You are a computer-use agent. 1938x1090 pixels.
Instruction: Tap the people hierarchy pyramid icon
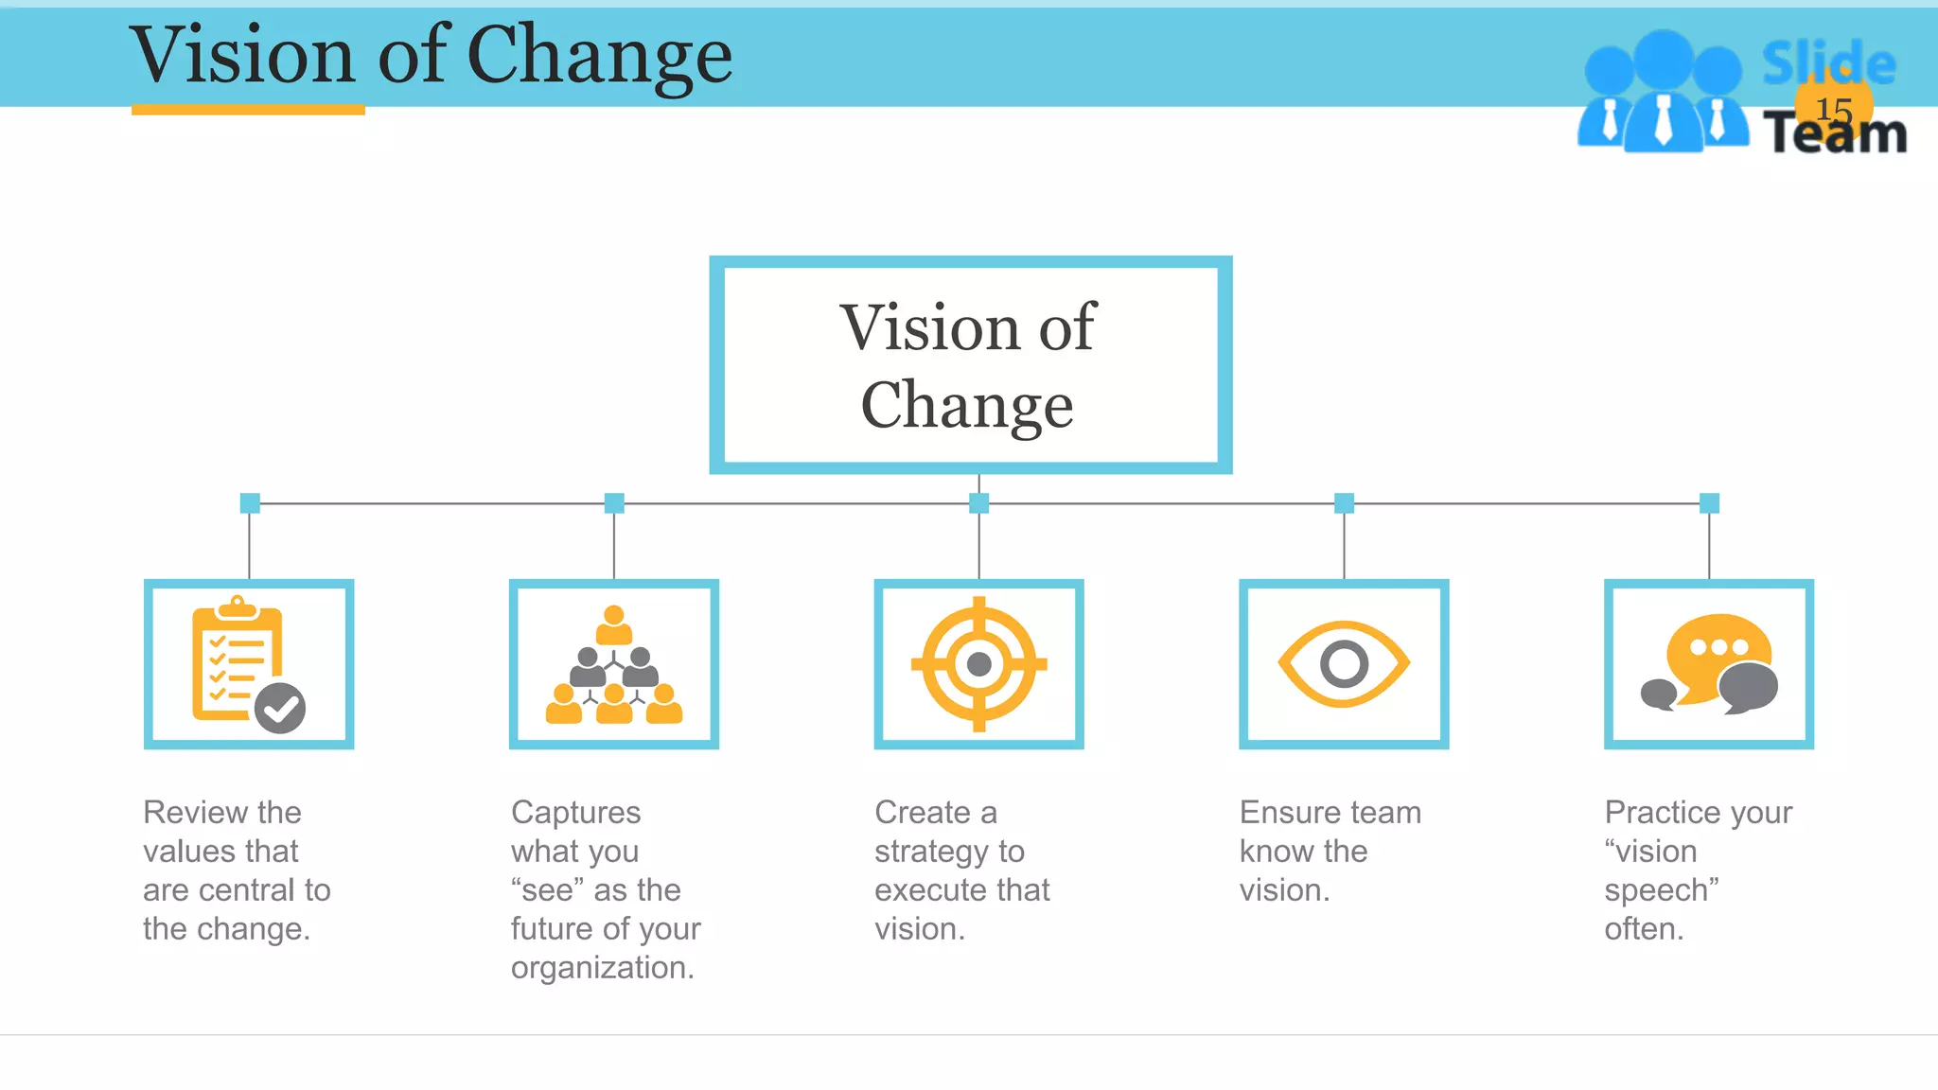point(614,665)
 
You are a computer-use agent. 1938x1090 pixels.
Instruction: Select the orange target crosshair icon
point(979,664)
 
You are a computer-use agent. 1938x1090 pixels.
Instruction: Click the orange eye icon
point(1344,664)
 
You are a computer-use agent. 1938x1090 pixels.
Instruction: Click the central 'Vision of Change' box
point(970,365)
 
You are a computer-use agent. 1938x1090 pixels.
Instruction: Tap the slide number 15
point(1834,110)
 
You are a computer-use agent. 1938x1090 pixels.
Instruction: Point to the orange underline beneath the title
point(248,110)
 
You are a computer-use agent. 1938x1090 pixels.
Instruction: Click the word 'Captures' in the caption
point(575,812)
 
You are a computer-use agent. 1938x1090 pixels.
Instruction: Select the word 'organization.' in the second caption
point(603,967)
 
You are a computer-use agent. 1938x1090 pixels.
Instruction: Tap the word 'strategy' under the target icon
point(931,852)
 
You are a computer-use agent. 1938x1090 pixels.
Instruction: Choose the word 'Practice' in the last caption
point(1664,812)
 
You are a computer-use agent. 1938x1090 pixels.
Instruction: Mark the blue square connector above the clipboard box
point(250,503)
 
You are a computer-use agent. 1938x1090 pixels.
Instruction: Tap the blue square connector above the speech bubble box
point(1709,503)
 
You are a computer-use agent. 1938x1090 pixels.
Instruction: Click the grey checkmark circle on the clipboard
point(280,708)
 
